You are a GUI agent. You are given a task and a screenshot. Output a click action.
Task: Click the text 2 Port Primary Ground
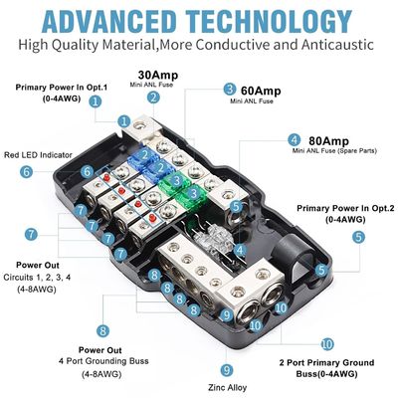[327, 364]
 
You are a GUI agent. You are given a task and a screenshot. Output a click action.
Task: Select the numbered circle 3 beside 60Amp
[230, 89]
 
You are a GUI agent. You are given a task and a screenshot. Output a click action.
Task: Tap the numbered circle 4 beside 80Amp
[294, 140]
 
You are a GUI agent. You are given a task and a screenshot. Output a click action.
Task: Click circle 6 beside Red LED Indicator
[27, 171]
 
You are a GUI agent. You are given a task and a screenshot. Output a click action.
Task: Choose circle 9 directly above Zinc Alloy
[227, 370]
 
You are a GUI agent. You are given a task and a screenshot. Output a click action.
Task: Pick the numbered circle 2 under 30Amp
[153, 97]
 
